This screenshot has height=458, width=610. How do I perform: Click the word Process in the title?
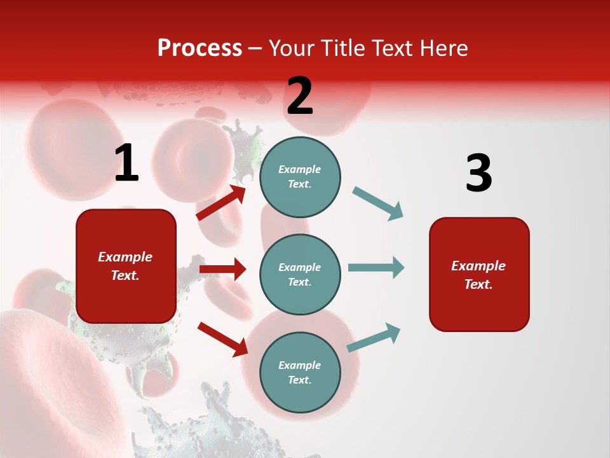(x=200, y=48)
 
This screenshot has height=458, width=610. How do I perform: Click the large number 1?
(x=126, y=163)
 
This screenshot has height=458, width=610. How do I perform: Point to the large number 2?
(x=300, y=96)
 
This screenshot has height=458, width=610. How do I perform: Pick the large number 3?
(x=478, y=174)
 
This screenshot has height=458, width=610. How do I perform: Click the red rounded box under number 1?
(x=126, y=266)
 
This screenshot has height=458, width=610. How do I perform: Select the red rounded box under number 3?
(x=479, y=275)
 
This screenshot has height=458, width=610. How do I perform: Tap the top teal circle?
(x=300, y=177)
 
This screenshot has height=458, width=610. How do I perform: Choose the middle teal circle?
(x=300, y=274)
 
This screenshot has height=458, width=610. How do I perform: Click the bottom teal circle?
(x=300, y=372)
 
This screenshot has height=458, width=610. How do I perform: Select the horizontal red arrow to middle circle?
(x=222, y=269)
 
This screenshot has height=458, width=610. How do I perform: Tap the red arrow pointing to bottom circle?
(x=222, y=338)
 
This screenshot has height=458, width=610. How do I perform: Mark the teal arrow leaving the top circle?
(x=377, y=204)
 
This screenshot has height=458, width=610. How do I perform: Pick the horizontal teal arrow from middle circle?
(x=376, y=268)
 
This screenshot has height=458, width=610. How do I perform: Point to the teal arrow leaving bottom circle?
(x=374, y=338)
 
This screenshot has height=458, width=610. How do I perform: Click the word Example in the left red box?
(x=125, y=257)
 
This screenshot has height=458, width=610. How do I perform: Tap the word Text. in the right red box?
(x=478, y=284)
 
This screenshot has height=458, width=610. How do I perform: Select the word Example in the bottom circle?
(x=300, y=365)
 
